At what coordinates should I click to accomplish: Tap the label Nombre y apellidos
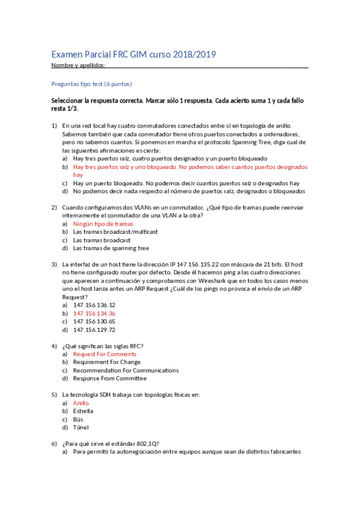coord(78,65)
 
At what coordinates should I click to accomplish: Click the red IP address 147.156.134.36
coord(94,313)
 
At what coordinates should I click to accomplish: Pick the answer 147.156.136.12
coord(94,305)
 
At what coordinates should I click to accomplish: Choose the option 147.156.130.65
coord(94,321)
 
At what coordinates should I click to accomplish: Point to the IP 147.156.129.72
coord(94,330)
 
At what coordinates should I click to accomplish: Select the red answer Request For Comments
coord(105,354)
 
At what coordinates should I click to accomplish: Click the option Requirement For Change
coord(107,362)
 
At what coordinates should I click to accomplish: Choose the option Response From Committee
coord(110,378)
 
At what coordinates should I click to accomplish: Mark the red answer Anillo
coord(81,403)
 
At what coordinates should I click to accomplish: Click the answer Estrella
coord(83,411)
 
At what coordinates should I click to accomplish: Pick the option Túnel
coord(81,428)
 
